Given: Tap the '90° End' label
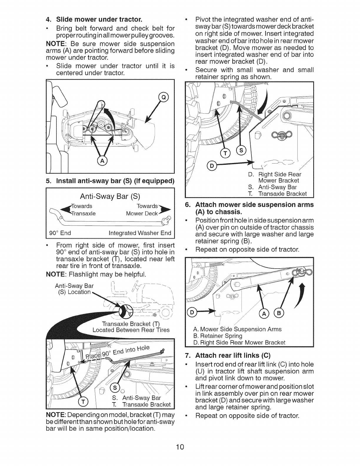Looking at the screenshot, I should pyautogui.click(x=60, y=233).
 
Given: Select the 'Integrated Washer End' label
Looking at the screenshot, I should pyautogui.click(x=140, y=233).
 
